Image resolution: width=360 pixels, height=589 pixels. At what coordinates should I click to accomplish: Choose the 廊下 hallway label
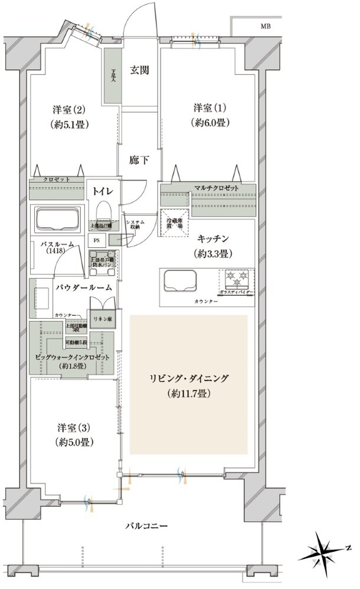point(139,158)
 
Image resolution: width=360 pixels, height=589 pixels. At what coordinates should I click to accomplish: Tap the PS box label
point(96,240)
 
